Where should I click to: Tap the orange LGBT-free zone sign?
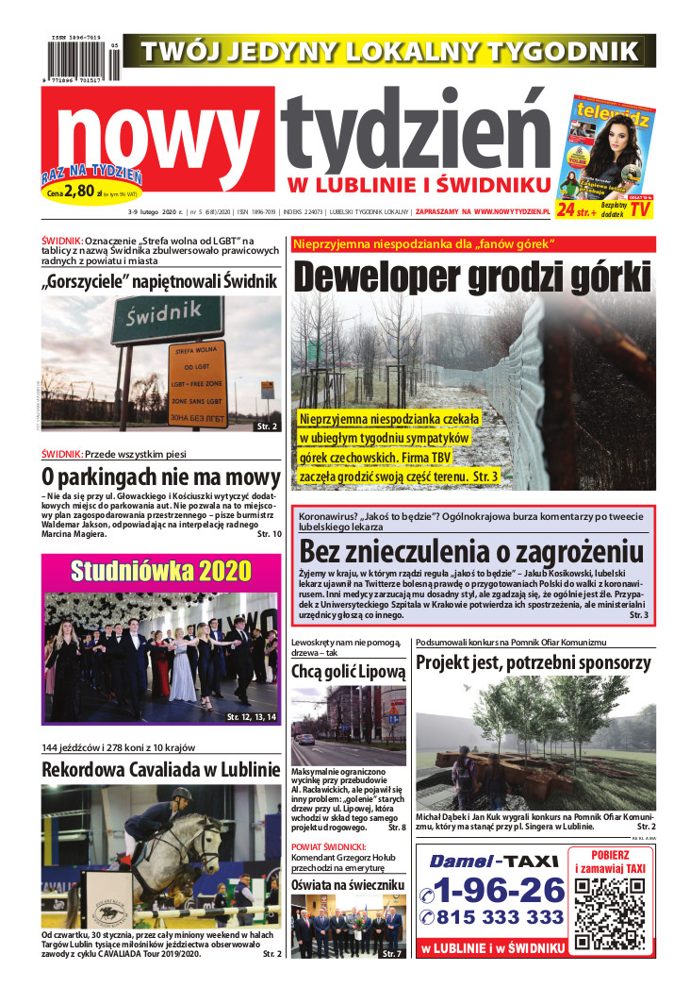(x=197, y=382)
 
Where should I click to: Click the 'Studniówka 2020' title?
(x=161, y=571)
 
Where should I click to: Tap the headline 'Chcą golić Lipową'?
(x=348, y=672)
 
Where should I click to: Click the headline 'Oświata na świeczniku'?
(x=348, y=884)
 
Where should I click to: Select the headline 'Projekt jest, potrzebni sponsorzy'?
(x=534, y=662)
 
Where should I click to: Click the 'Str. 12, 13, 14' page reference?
(x=251, y=718)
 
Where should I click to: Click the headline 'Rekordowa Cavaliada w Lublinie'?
(x=161, y=769)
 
